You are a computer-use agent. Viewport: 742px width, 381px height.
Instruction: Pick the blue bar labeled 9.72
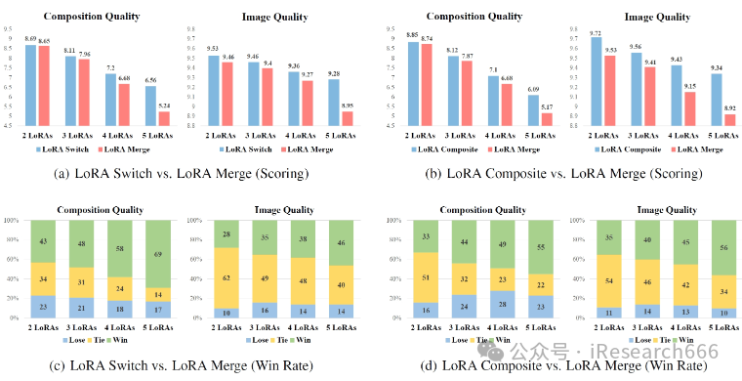click(597, 81)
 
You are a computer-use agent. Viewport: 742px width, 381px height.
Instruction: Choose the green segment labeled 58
click(120, 249)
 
